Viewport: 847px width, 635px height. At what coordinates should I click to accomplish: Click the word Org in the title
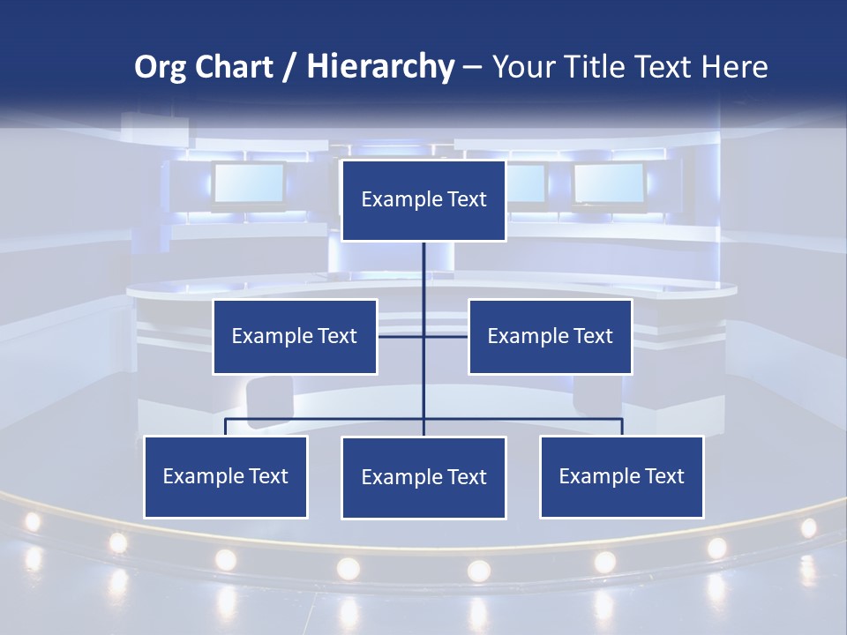161,67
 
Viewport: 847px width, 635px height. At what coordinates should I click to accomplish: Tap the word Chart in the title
234,67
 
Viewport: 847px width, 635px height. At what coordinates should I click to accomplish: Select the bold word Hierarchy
380,67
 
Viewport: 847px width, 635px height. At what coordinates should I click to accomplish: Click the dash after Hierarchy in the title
472,67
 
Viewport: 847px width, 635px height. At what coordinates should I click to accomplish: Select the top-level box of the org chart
423,200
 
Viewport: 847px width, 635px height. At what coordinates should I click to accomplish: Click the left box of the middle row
295,336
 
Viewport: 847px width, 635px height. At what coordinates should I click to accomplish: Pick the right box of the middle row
550,336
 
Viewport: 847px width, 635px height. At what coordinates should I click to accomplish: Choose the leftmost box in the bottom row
225,476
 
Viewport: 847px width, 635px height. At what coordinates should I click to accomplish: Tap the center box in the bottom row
423,477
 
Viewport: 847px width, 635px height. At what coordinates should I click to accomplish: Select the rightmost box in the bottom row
621,476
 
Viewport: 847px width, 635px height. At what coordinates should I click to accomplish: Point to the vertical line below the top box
423,273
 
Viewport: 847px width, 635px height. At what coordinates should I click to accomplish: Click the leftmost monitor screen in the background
248,183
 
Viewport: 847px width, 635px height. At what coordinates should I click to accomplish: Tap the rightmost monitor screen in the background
609,183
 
